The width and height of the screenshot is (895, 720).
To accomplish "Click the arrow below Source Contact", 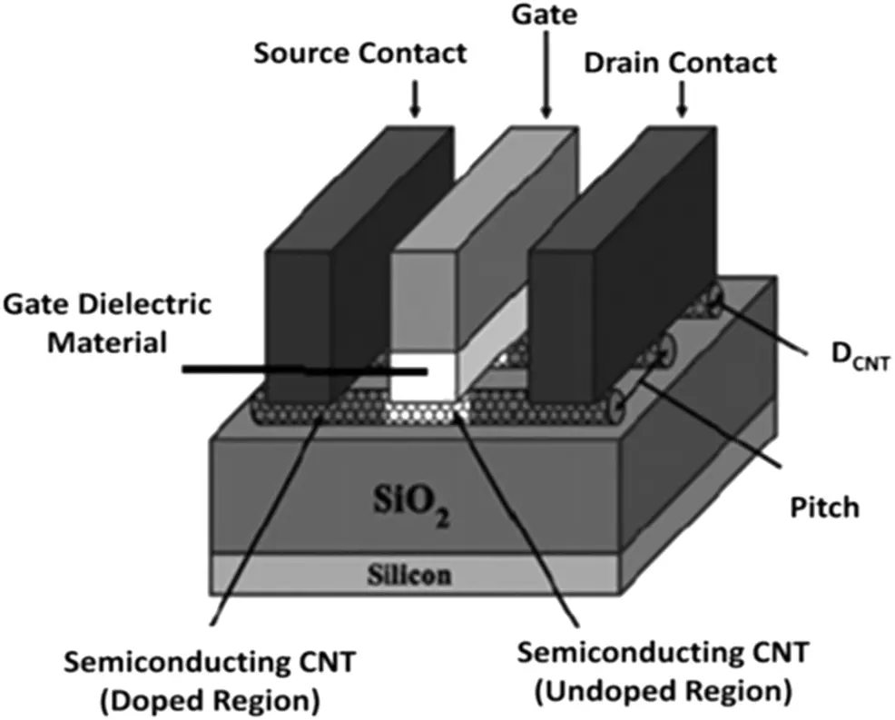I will point(415,100).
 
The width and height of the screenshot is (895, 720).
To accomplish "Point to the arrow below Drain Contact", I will point(681,103).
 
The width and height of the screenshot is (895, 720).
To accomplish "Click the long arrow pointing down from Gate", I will point(547,73).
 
